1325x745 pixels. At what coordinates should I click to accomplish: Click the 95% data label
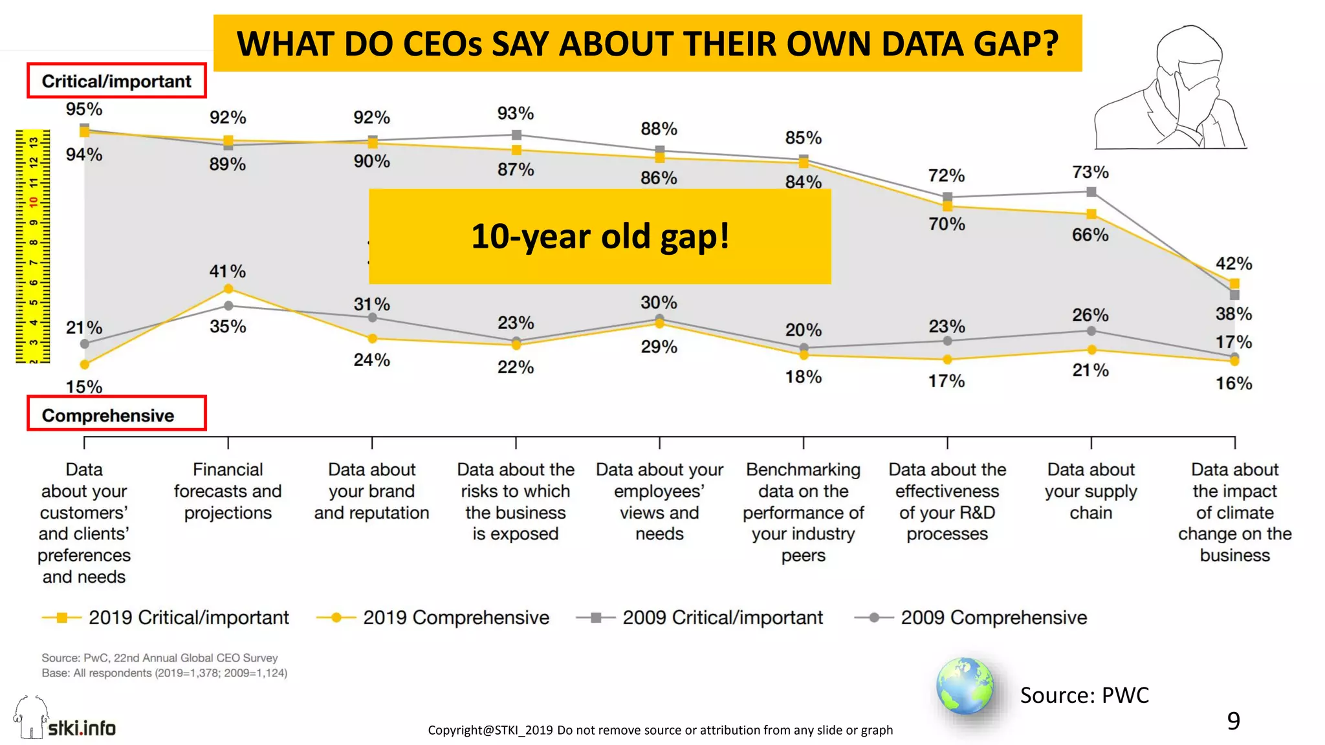84,109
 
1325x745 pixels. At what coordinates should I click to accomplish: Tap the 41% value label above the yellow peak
227,271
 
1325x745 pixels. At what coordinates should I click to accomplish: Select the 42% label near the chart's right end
1234,263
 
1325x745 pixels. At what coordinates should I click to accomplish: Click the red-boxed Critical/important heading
116,81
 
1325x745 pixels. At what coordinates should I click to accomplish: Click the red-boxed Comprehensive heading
109,415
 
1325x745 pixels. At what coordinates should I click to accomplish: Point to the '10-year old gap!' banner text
600,236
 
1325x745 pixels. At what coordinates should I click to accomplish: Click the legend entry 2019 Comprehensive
455,618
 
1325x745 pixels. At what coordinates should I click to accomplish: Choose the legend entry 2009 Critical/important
722,618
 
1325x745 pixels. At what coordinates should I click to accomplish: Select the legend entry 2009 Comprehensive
993,618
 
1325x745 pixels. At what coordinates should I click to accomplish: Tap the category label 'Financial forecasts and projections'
228,491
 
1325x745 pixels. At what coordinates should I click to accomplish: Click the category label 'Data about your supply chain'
1091,491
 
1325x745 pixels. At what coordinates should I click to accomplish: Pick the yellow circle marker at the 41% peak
228,289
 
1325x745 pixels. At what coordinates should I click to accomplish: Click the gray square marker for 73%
1091,191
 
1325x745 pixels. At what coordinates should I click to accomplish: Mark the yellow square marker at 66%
1091,214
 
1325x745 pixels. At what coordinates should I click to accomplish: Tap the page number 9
1233,720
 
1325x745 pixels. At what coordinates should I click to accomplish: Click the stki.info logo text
82,728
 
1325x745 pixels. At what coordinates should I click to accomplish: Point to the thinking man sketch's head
1189,52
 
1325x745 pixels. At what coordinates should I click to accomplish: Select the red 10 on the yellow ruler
33,202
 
